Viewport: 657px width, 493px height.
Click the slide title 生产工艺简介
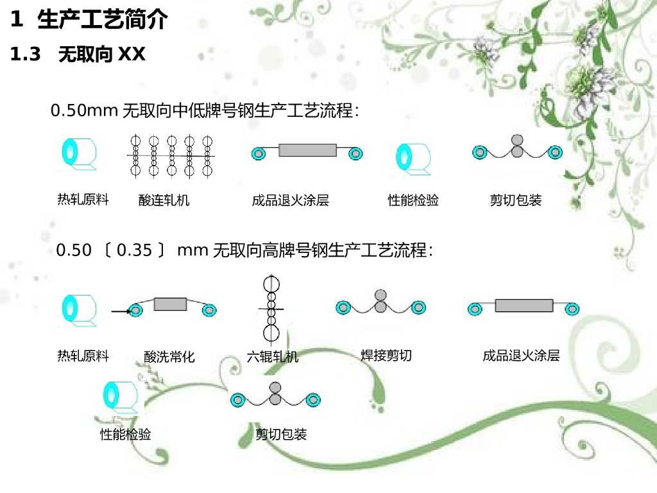tap(103, 20)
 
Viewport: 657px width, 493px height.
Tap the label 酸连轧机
tap(164, 200)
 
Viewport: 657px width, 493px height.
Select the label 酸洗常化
tap(169, 356)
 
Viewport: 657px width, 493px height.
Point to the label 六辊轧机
tap(273, 356)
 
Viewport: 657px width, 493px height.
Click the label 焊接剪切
tap(386, 355)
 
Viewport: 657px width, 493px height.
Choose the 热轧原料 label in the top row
tap(83, 200)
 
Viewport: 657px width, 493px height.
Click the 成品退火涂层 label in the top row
tap(291, 200)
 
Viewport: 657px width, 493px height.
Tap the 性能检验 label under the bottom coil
tap(126, 435)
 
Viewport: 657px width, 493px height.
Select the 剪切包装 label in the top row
tap(516, 200)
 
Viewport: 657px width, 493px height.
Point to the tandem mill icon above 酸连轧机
tap(171, 155)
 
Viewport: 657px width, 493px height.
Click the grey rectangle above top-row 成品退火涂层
tap(308, 150)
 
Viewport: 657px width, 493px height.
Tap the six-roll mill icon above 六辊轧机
tap(271, 309)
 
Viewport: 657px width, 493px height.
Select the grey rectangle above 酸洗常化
tap(171, 304)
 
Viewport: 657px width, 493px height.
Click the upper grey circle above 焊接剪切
tap(381, 295)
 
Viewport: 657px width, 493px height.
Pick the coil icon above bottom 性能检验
tap(120, 395)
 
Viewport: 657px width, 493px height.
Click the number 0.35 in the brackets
tap(134, 250)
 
